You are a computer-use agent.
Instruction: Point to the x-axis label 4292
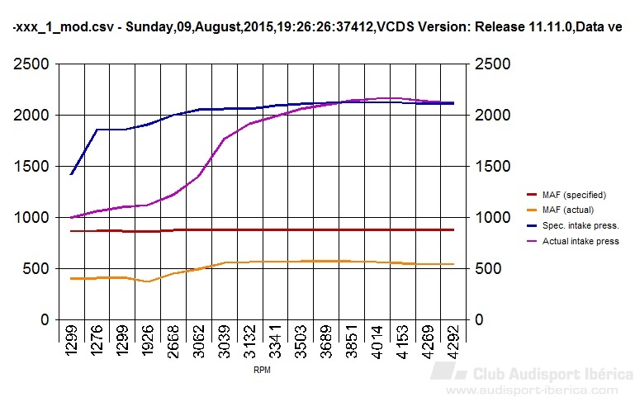click(x=450, y=348)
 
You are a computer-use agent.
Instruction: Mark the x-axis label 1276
click(x=96, y=348)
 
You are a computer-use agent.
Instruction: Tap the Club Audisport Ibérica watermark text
click(x=551, y=374)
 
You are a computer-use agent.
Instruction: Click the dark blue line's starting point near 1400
click(x=72, y=174)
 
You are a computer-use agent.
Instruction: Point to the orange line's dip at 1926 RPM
click(x=148, y=281)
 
